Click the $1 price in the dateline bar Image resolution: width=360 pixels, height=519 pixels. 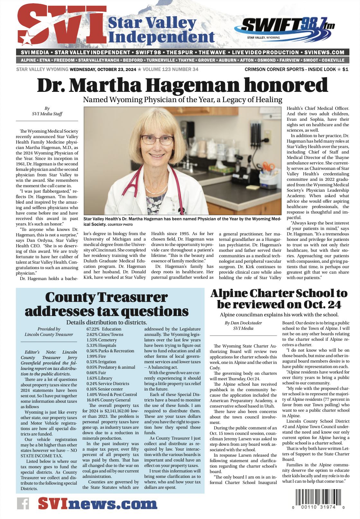[345, 69]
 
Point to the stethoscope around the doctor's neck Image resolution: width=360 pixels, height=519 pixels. [141, 193]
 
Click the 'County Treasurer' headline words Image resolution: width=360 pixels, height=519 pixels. [106, 297]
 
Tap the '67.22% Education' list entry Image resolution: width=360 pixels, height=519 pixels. [104, 329]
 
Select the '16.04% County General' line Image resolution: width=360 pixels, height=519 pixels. [108, 400]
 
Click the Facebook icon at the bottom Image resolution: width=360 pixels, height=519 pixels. [23, 503]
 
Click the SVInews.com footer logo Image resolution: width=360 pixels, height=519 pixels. [97, 503]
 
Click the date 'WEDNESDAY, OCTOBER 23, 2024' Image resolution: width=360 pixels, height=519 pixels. [103, 69]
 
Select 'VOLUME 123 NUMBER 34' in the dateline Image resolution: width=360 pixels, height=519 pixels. [170, 69]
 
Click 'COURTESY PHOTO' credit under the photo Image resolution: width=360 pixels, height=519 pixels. [120, 225]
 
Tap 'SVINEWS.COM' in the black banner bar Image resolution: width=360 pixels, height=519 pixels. [324, 52]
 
